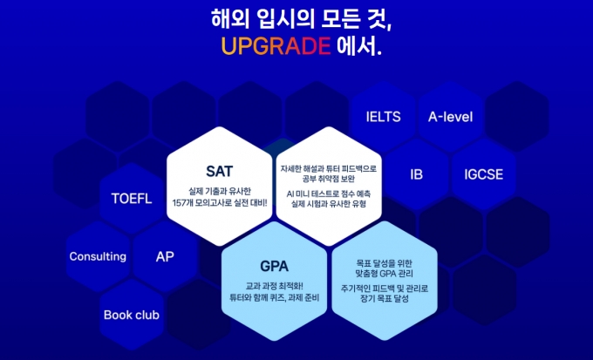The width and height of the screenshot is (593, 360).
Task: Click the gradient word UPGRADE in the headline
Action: point(276,46)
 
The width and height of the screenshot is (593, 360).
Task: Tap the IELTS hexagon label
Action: point(383,117)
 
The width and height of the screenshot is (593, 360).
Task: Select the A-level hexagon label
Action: point(451,117)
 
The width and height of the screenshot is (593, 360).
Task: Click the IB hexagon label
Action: point(416,174)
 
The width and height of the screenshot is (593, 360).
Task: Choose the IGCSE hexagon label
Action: point(484,174)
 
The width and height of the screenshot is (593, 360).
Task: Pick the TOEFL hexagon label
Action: point(132,199)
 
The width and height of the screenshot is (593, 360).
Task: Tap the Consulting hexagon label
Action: point(98,256)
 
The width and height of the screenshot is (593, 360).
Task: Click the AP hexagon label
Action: point(165,256)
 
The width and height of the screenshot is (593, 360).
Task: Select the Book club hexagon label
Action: point(132,315)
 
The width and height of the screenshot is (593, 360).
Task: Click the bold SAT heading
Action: point(220,172)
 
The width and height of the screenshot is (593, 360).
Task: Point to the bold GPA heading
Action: point(274,266)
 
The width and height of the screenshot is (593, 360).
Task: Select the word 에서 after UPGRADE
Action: point(357,46)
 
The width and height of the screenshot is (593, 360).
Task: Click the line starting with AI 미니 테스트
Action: point(329,194)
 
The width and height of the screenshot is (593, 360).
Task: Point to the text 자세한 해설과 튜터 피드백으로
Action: point(329,168)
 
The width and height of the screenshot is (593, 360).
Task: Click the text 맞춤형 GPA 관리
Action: point(385,273)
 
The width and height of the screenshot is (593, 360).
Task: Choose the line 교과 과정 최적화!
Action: point(274,287)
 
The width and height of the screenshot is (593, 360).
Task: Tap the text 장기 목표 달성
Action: point(385,298)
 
